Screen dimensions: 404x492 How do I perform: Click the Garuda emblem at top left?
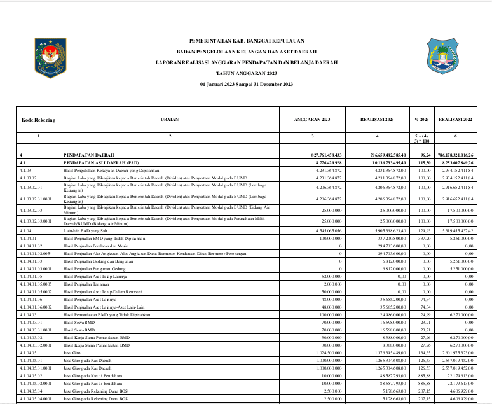point(50,57)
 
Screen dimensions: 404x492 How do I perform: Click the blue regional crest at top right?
point(441,56)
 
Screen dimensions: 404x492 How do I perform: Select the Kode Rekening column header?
point(38,119)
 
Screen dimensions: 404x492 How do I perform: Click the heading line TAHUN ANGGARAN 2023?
point(247,74)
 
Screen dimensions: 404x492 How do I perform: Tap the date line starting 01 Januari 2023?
point(247,85)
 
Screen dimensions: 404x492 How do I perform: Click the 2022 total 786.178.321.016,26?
point(456,155)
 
